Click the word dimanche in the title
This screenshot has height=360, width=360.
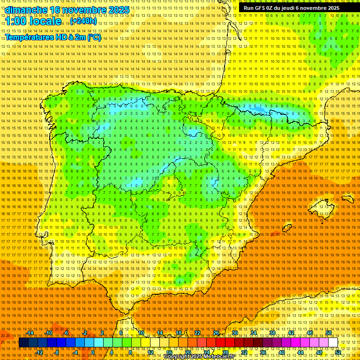[x=26, y=10]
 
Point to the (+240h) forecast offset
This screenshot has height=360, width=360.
[x=83, y=22]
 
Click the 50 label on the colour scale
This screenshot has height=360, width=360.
[x=328, y=333]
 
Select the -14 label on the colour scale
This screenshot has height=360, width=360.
[x=30, y=333]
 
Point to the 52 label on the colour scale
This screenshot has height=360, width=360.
[x=338, y=352]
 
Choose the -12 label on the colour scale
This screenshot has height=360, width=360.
[x=39, y=352]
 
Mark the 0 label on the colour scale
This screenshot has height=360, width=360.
[x=93, y=352]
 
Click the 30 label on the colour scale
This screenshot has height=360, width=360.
[x=234, y=333]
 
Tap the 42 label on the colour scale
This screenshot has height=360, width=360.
[x=291, y=333]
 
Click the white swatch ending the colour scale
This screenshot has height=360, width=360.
[x=333, y=343]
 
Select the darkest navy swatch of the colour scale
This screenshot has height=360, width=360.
[x=23, y=343]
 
